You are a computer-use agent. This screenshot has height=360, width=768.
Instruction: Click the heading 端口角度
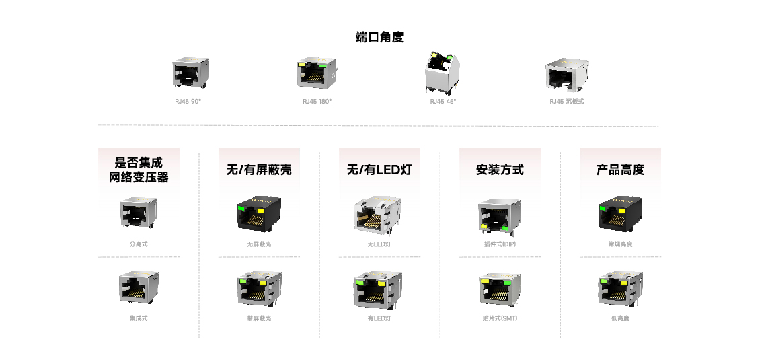point(379,37)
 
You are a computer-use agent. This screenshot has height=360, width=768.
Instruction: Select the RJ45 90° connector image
point(190,73)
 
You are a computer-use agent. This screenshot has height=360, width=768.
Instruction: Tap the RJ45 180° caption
point(317,102)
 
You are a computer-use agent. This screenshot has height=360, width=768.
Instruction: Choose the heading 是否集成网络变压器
point(139,170)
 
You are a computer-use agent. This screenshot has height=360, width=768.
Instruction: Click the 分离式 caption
point(139,244)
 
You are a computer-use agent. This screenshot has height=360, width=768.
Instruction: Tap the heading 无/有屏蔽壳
point(259,170)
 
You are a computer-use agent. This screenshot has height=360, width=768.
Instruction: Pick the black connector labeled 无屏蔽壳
point(259,215)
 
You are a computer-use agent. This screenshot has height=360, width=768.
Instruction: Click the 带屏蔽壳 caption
point(259,318)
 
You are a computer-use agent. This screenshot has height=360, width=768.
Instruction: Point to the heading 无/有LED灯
point(379,170)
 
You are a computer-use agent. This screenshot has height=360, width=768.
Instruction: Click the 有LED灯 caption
point(379,318)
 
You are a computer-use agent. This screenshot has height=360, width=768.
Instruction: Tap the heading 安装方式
point(500,170)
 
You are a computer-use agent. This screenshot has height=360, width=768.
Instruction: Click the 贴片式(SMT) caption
point(500,318)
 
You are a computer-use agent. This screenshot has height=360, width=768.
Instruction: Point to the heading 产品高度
point(620,170)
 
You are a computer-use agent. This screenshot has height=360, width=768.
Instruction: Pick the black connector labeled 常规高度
point(620,215)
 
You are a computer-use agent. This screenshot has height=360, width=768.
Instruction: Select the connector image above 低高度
point(620,288)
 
